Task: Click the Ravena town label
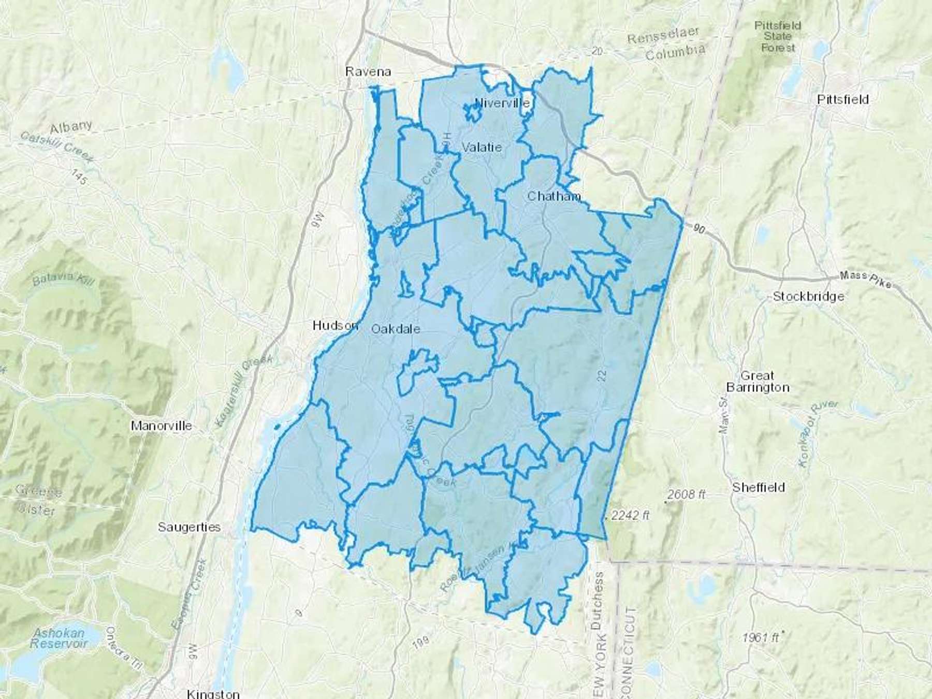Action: [x=368, y=71]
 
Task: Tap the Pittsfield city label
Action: [x=842, y=99]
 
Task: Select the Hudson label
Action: [x=335, y=326]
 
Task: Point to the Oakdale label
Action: [x=396, y=329]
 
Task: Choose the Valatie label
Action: [x=482, y=147]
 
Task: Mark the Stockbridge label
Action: [x=808, y=297]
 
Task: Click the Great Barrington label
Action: [x=758, y=382]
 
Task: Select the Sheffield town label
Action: [x=759, y=487]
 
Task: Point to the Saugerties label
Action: [x=189, y=527]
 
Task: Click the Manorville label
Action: [x=162, y=426]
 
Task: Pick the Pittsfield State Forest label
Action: [x=777, y=36]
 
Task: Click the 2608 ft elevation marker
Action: [x=686, y=495]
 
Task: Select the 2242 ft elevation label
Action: [x=630, y=516]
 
